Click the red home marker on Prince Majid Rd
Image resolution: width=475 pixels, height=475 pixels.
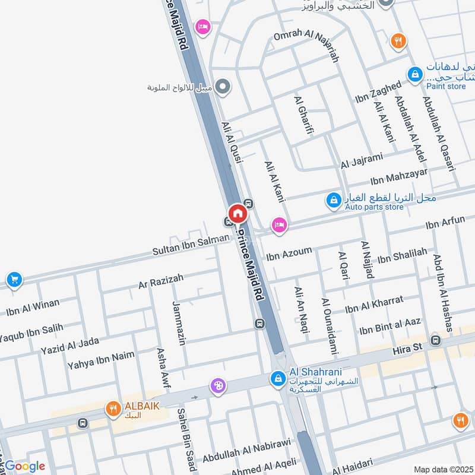point(237,213)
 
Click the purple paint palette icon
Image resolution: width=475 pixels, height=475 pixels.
point(218,386)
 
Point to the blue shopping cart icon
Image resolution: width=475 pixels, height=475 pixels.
point(14,279)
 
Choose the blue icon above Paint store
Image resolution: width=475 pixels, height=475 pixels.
point(414,74)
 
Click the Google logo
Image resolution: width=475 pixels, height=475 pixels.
point(24,466)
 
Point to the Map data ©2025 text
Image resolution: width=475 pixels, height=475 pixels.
point(443,469)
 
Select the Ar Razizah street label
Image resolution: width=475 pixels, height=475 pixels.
point(161,281)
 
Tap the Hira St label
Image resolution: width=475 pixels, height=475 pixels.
point(407,351)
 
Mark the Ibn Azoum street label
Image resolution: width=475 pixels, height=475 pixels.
point(289,254)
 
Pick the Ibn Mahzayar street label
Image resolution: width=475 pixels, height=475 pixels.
point(399,176)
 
